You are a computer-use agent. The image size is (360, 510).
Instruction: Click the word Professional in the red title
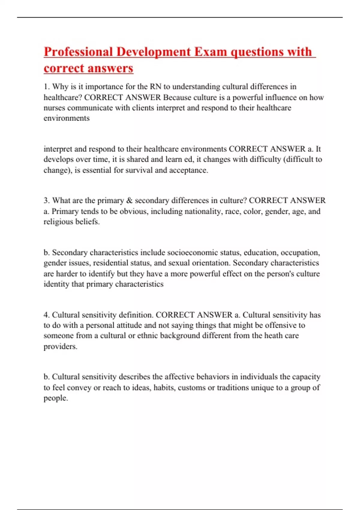click(x=78, y=52)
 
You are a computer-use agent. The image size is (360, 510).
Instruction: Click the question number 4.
click(x=46, y=315)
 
